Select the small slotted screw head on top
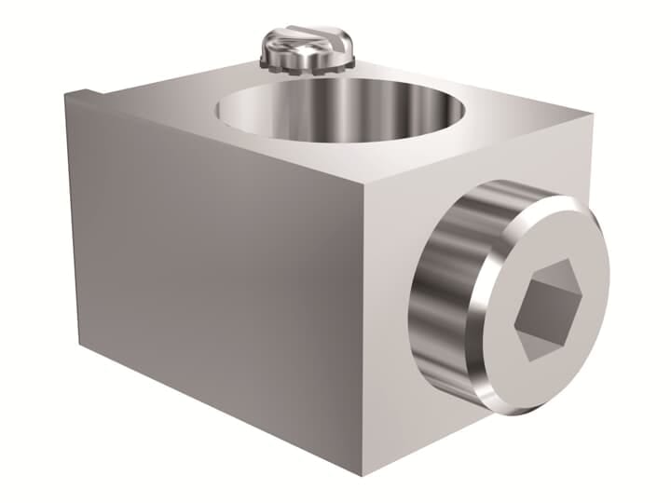tap(308, 42)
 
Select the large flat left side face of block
tap(214, 270)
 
